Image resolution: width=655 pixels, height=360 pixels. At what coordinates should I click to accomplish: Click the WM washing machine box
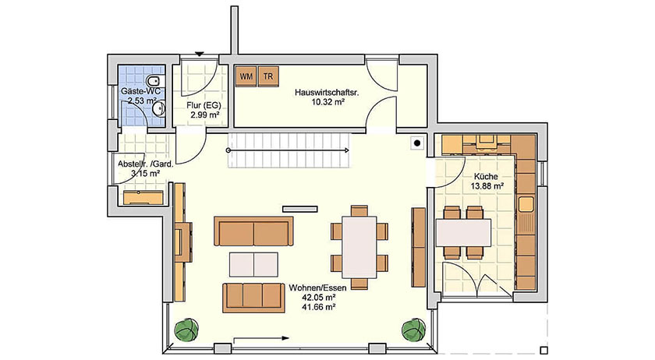[x=246, y=76]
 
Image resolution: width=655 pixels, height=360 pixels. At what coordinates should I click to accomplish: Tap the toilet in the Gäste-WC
[x=154, y=81]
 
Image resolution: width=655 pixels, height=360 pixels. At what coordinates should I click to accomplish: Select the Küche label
[x=486, y=177]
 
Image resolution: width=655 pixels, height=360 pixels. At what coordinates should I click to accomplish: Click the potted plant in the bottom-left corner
[x=185, y=329]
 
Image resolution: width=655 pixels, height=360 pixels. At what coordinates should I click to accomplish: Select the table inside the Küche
[x=462, y=231]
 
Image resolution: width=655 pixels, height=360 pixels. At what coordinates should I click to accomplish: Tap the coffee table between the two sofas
[x=253, y=263]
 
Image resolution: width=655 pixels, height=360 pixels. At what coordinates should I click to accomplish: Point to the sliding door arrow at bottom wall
[x=261, y=338]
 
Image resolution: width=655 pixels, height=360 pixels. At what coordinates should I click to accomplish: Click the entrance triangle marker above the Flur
[x=200, y=55]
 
